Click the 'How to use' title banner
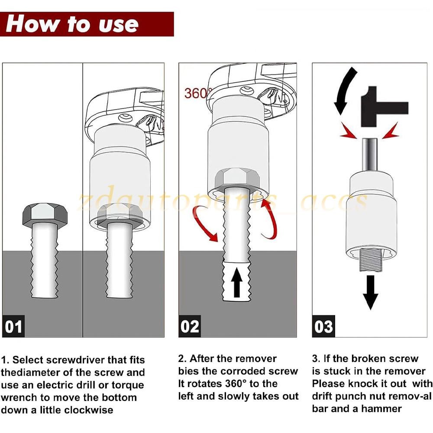tap(87, 24)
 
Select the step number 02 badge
tap(190, 326)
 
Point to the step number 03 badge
tap(323, 326)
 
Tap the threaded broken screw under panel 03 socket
tap(371, 260)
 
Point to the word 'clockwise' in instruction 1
tap(89, 410)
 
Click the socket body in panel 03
tap(371, 216)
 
